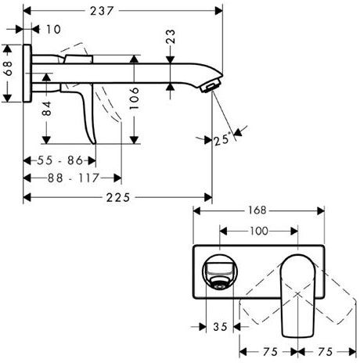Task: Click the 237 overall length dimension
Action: tap(120, 9)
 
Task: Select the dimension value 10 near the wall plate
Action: tap(53, 30)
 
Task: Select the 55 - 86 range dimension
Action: tap(61, 160)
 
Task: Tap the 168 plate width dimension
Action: tap(258, 210)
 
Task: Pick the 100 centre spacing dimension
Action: tap(258, 232)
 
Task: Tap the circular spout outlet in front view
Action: tap(220, 272)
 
